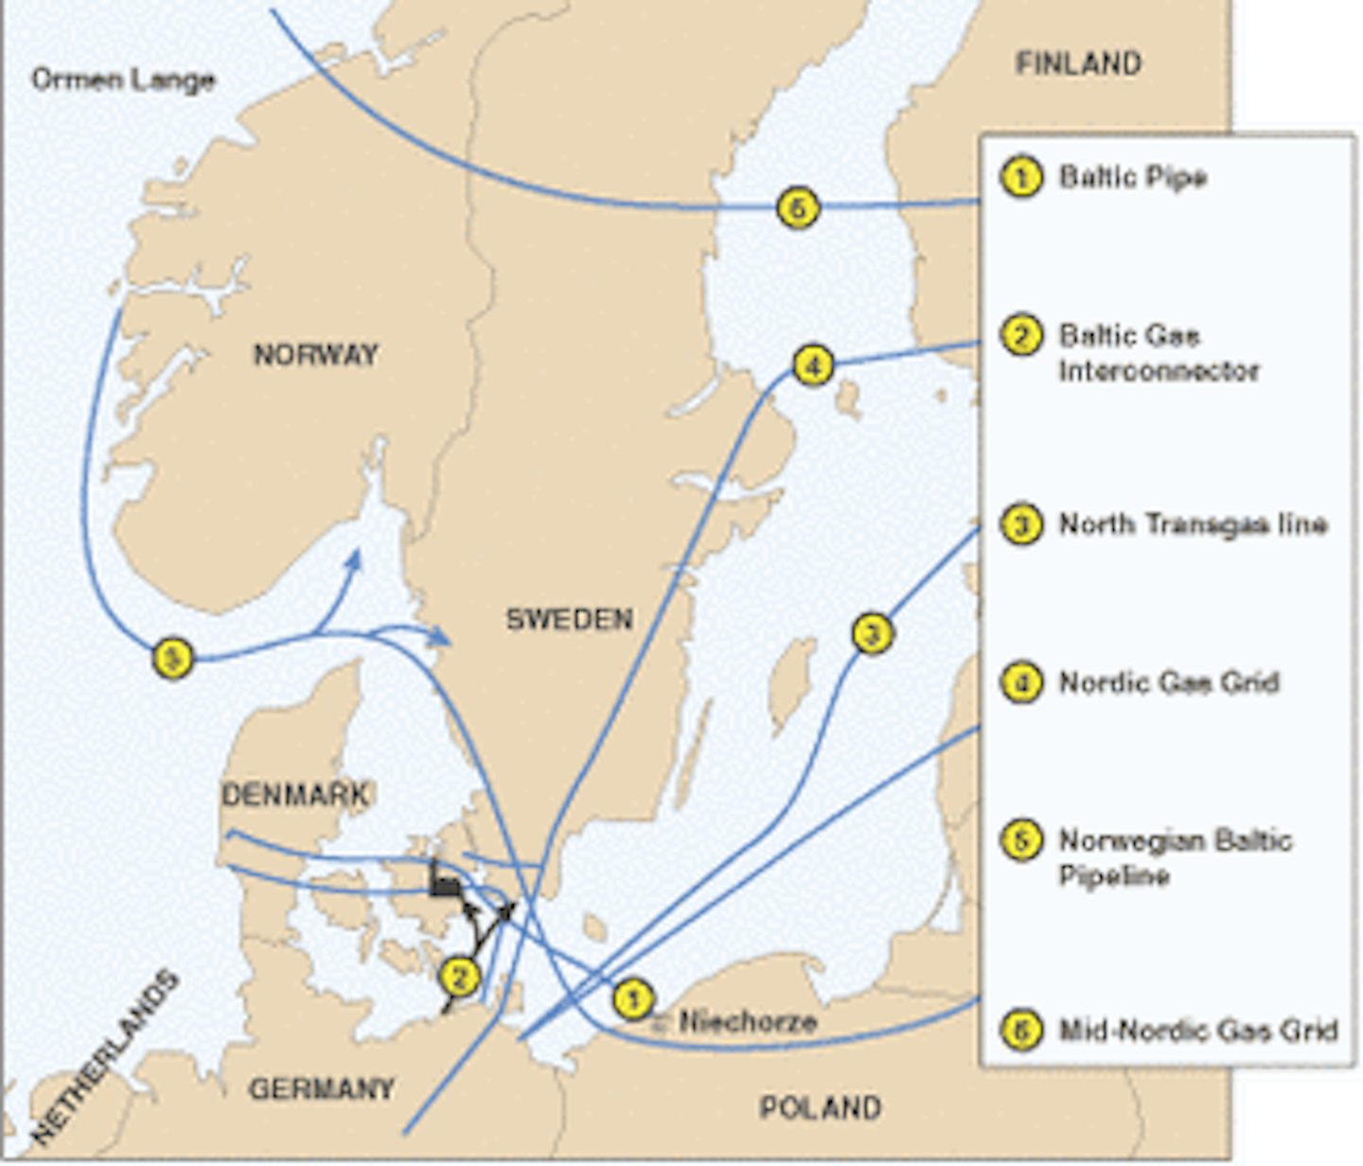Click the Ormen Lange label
pos(123,79)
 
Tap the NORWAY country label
pos(316,355)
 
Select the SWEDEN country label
pos(569,619)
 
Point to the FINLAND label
pos(1078,64)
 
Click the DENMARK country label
pos(294,794)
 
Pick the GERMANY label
pos(322,1089)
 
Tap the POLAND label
pos(820,1107)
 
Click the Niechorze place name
pos(748,1022)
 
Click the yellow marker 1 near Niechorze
pos(632,998)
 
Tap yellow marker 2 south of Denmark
pos(460,977)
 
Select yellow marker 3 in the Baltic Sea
pos(872,633)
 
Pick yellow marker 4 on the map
pos(813,364)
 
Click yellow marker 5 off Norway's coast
pos(172,657)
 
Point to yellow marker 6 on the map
pos(798,207)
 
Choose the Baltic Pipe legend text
pos(1132,177)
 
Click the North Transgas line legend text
pos(1193,524)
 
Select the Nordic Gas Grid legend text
pos(1169,682)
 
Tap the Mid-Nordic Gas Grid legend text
pos(1197,1030)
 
